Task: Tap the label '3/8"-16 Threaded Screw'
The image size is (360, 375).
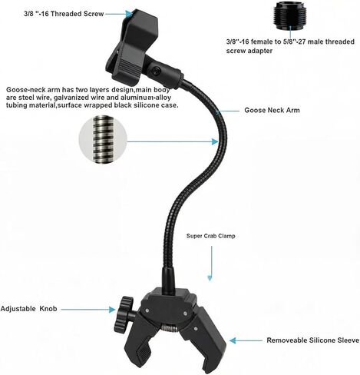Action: point(64,14)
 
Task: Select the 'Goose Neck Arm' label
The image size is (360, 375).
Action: point(272,110)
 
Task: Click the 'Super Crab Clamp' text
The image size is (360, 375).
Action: point(211,236)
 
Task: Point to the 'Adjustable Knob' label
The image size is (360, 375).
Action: point(28,309)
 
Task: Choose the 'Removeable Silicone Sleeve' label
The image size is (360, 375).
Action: point(313,340)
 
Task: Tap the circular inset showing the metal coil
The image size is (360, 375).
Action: point(103,139)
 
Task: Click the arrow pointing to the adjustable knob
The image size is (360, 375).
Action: point(88,310)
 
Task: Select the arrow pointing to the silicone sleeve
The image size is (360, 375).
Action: point(246,340)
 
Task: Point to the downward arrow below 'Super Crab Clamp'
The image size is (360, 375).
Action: point(211,264)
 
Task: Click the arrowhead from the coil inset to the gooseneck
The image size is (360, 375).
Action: point(216,141)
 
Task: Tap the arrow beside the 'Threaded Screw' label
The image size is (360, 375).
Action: point(119,14)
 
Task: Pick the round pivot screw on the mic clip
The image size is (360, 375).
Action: point(156,71)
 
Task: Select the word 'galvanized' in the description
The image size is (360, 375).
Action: point(69,98)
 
